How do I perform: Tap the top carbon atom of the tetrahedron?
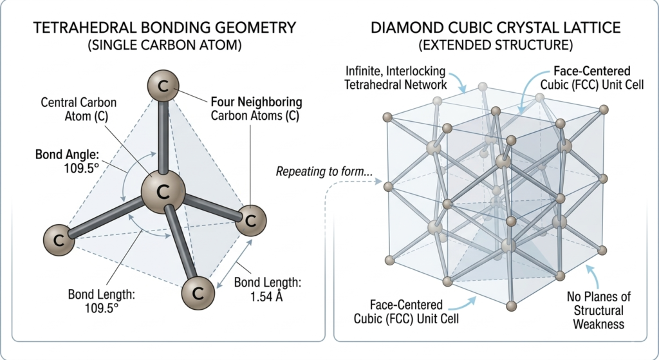(x=163, y=86)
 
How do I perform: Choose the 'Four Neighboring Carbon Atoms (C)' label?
(x=257, y=109)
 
